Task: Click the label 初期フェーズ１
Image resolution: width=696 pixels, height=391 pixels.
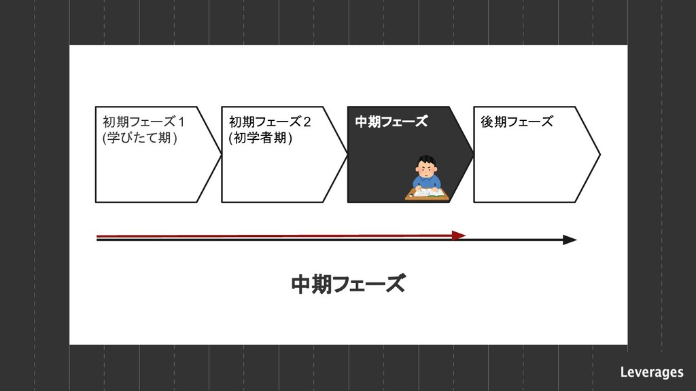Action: pyautogui.click(x=143, y=122)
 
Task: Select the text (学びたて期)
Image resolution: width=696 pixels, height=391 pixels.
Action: pyautogui.click(x=139, y=138)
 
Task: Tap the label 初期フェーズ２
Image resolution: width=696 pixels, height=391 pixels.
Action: pyautogui.click(x=270, y=122)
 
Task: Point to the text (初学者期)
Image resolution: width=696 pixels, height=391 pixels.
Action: pyautogui.click(x=260, y=138)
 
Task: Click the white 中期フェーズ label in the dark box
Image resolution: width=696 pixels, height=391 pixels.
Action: pyautogui.click(x=391, y=122)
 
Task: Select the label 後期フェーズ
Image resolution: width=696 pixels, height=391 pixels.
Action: pyautogui.click(x=517, y=122)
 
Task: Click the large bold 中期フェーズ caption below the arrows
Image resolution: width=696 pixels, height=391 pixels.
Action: pyautogui.click(x=348, y=284)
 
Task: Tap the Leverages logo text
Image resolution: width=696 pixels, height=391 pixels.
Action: pyautogui.click(x=651, y=372)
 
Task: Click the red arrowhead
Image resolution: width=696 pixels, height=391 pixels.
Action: pyautogui.click(x=459, y=236)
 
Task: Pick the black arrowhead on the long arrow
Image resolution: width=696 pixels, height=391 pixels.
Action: pyautogui.click(x=570, y=240)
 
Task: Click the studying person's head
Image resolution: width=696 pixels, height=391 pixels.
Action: pyautogui.click(x=426, y=166)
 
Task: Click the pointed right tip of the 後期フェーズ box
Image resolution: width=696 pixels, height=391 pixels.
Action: pyautogui.click(x=599, y=155)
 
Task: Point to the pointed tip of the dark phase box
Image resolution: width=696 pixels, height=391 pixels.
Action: pyautogui.click(x=473, y=155)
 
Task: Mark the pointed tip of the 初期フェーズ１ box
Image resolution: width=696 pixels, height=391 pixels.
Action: pyautogui.click(x=220, y=155)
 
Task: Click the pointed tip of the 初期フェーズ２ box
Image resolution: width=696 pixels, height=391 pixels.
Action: pyautogui.click(x=347, y=155)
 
